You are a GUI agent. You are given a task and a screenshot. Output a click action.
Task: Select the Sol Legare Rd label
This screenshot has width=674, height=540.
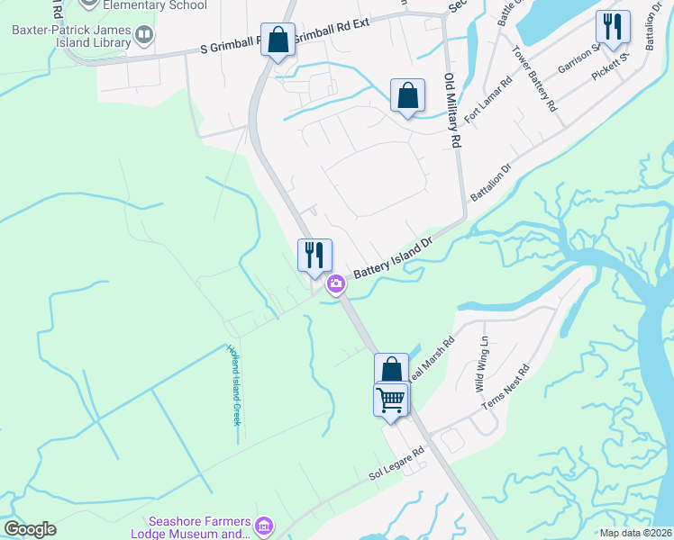[x=395, y=465]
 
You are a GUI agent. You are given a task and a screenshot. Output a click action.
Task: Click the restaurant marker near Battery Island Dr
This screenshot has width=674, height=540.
[x=314, y=254]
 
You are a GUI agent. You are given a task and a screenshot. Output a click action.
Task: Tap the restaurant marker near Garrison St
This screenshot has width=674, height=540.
[x=613, y=28]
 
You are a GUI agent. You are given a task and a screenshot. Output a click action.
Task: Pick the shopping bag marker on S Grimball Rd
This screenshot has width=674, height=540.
[x=278, y=40]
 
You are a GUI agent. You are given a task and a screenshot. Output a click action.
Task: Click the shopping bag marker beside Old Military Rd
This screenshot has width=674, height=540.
[x=407, y=95]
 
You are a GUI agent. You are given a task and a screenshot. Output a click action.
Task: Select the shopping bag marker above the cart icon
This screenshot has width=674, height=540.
[x=391, y=369]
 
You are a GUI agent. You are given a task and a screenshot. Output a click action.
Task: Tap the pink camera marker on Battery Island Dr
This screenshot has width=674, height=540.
[x=336, y=284]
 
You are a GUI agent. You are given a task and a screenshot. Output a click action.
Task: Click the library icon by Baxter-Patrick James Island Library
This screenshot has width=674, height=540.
[x=144, y=36]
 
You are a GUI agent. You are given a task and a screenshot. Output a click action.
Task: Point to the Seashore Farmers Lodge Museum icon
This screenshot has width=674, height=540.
[x=264, y=525]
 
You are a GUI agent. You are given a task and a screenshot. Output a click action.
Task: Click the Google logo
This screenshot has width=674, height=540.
[x=30, y=529]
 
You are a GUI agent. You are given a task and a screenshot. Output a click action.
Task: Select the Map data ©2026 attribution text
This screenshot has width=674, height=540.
[x=635, y=533]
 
